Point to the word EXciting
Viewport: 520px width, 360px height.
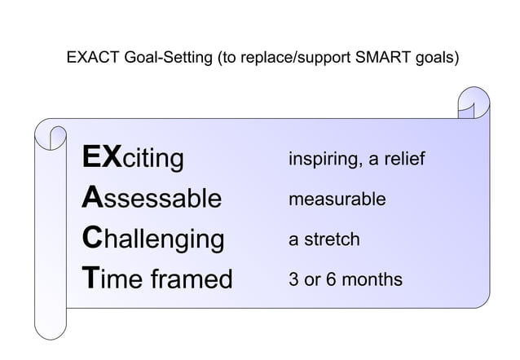pos(133,157)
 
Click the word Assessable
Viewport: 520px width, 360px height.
pos(152,198)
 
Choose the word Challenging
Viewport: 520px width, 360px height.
pos(153,239)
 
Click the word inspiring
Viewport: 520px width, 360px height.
pos(323,159)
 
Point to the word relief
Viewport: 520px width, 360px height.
pos(401,158)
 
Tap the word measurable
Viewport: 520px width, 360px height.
pos(337,199)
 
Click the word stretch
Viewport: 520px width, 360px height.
pos(332,239)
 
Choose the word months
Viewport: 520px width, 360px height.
pos(374,279)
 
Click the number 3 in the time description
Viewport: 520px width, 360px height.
pos(293,279)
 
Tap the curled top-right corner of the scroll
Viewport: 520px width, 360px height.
pos(473,102)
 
